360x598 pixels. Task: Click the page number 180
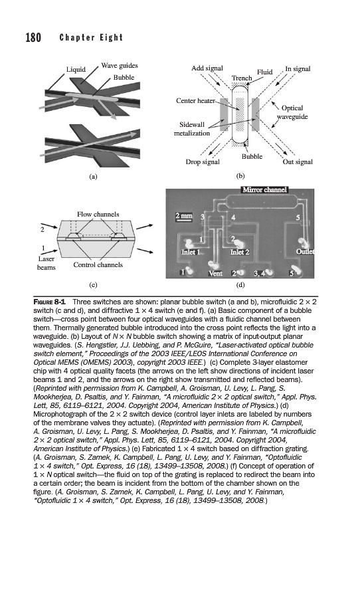pos(33,37)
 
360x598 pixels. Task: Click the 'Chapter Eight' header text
pos(91,37)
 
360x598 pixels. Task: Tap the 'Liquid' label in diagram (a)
pos(76,69)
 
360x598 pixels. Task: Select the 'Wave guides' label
pos(120,66)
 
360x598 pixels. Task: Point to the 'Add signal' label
pos(207,68)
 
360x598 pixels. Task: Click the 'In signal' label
pos(298,68)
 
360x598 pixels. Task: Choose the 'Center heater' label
pos(196,101)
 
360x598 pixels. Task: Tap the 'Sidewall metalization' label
pos(192,129)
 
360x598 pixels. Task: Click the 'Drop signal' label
pos(203,161)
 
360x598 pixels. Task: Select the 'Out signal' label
pos(298,161)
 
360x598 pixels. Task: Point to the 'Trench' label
pos(242,78)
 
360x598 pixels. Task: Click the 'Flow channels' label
pos(98,215)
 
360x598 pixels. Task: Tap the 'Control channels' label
pos(98,264)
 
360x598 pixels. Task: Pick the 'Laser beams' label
pos(46,263)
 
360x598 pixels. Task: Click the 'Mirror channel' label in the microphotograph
pos(264,189)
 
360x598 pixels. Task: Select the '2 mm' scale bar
pos(184,217)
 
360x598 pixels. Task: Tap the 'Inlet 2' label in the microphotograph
pos(240,252)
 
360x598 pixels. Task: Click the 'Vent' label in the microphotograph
pos(215,273)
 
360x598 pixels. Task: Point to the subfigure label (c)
pos(93,284)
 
